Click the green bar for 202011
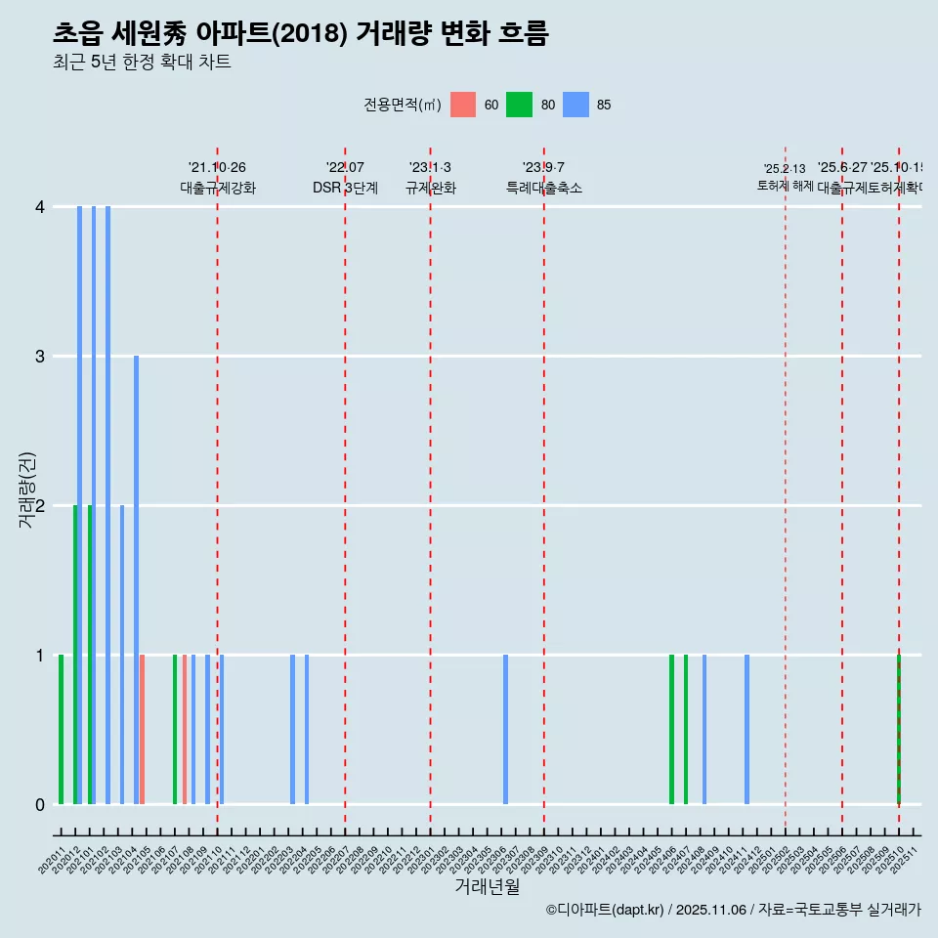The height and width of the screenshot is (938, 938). pyautogui.click(x=61, y=729)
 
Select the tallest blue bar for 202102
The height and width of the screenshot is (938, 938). pyautogui.click(x=107, y=505)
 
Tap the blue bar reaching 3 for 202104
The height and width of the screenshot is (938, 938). pyautogui.click(x=136, y=579)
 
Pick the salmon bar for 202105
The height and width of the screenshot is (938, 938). pyautogui.click(x=142, y=729)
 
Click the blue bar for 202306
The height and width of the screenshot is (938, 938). pyautogui.click(x=505, y=729)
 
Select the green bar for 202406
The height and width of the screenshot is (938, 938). pyautogui.click(x=671, y=729)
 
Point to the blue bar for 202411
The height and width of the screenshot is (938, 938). pyautogui.click(x=746, y=729)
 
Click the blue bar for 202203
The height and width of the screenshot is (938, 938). pyautogui.click(x=292, y=729)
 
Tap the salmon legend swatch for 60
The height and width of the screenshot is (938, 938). pyautogui.click(x=463, y=105)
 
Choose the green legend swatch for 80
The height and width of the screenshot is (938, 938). pyautogui.click(x=519, y=105)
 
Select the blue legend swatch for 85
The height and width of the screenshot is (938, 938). pyautogui.click(x=576, y=105)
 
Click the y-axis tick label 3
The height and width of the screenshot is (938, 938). pyautogui.click(x=40, y=357)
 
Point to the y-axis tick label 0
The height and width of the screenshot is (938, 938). pyautogui.click(x=40, y=805)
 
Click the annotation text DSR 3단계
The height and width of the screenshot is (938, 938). pyautogui.click(x=345, y=188)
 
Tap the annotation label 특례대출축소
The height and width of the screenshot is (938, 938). pyautogui.click(x=543, y=188)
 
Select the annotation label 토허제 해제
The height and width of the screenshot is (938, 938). pyautogui.click(x=785, y=185)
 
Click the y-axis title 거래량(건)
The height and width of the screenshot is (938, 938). pyautogui.click(x=27, y=490)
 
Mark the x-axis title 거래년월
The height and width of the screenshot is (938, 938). pyautogui.click(x=487, y=887)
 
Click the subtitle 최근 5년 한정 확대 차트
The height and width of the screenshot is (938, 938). pyautogui.click(x=142, y=63)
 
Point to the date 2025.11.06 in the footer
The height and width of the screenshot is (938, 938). pyautogui.click(x=710, y=910)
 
